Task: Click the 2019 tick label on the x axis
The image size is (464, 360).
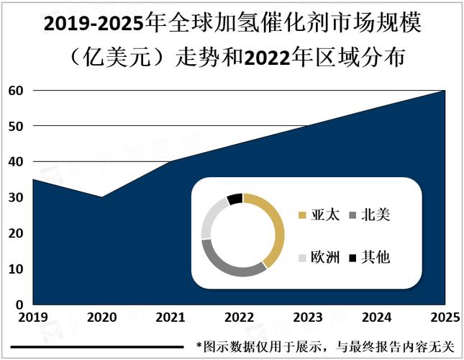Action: coord(34,318)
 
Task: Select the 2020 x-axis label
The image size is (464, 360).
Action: coord(102,318)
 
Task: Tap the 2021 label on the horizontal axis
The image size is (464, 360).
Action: coord(170,318)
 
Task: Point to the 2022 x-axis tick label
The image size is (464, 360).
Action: coord(239,318)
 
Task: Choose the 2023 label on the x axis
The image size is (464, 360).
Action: coord(307,318)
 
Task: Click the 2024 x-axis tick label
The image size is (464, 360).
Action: coord(376,318)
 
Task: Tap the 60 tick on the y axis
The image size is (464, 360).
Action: coord(17,91)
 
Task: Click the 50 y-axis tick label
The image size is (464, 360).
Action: coord(17,126)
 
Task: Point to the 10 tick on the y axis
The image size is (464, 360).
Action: coord(17,269)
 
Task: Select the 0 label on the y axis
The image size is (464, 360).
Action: coord(20,305)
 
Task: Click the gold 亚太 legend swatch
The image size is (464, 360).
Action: coord(302,215)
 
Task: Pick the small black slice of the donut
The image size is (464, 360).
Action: coord(235,199)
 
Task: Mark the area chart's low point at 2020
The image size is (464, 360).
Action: coord(102,197)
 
